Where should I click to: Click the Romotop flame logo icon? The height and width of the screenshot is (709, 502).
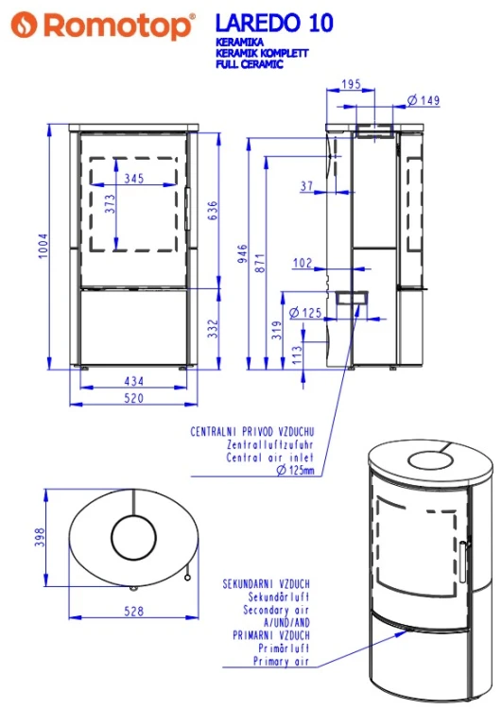(x=24, y=25)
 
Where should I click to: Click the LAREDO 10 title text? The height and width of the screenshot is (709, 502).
(x=274, y=23)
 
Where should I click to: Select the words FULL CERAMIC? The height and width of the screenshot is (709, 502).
(x=250, y=64)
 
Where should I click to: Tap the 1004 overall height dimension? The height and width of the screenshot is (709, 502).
(x=43, y=246)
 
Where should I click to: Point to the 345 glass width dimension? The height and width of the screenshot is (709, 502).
(x=134, y=178)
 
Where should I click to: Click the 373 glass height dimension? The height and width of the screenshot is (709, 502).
(x=110, y=204)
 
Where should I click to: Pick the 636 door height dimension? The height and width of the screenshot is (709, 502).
(x=213, y=211)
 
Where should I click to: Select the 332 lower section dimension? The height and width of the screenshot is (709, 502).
(x=213, y=329)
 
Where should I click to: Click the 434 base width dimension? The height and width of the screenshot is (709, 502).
(x=134, y=381)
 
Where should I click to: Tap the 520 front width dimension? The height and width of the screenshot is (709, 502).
(x=134, y=398)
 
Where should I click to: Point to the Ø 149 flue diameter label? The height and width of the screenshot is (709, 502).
(x=424, y=100)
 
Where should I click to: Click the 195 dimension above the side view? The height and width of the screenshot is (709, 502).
(x=351, y=84)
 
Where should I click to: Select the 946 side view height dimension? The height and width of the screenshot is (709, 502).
(x=242, y=253)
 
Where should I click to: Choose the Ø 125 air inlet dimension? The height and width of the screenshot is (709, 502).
(x=305, y=313)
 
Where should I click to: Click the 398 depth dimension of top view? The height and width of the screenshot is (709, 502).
(x=40, y=537)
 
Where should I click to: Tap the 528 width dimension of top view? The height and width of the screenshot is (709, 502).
(x=134, y=611)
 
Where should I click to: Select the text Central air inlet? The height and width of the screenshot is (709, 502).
(x=269, y=458)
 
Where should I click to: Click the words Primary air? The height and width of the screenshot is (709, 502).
(x=281, y=661)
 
